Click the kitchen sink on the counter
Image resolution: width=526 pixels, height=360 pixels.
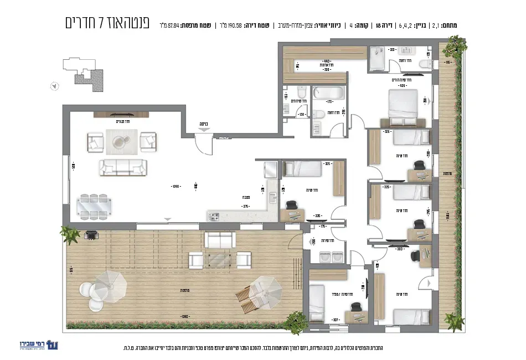(x=272, y=198)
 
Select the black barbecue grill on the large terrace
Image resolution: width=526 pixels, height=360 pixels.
(x=90, y=235)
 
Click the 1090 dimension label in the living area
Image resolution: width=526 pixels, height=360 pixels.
(x=176, y=186)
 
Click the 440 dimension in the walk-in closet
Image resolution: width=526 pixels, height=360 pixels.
(x=326, y=61)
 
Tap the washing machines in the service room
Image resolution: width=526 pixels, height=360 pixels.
(x=325, y=256)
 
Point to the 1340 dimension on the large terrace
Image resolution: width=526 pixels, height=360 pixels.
(x=184, y=317)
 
